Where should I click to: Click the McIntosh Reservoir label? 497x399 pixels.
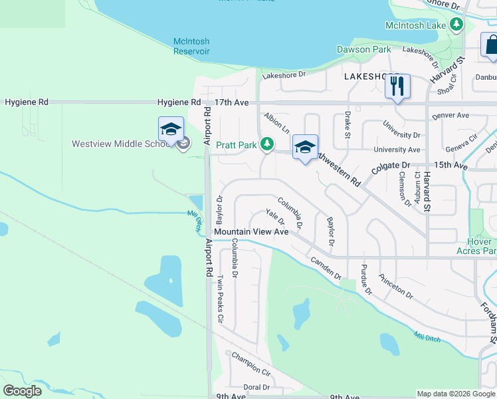pos(191,46)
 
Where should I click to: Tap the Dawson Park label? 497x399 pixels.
pos(363,49)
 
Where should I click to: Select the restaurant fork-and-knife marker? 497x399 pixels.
pos(397,86)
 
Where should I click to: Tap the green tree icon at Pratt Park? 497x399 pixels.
pos(266,144)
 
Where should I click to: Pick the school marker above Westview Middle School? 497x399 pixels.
pos(171,130)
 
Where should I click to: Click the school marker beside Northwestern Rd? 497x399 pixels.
pos(305,148)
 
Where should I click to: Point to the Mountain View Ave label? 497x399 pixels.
pos(251,232)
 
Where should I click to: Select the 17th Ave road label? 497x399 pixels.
pos(231,102)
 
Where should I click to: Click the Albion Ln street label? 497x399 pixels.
pos(276,122)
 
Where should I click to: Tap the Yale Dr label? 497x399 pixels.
pos(274,216)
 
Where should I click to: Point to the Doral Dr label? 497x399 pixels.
pos(256,386)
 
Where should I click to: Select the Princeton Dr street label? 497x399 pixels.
pos(395,286)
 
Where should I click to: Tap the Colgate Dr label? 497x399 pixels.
pos(391,165)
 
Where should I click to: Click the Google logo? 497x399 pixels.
pos(23,391)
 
